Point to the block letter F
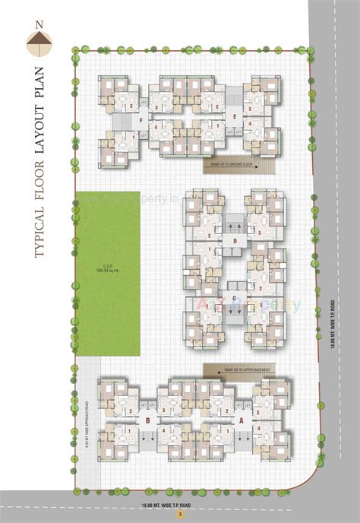pyautogui.click(x=139, y=119)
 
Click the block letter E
pyautogui.click(x=235, y=116)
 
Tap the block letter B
pyautogui.click(x=146, y=418)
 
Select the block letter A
pyautogui.click(x=242, y=418)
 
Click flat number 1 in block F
pyautogui.click(x=134, y=136)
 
